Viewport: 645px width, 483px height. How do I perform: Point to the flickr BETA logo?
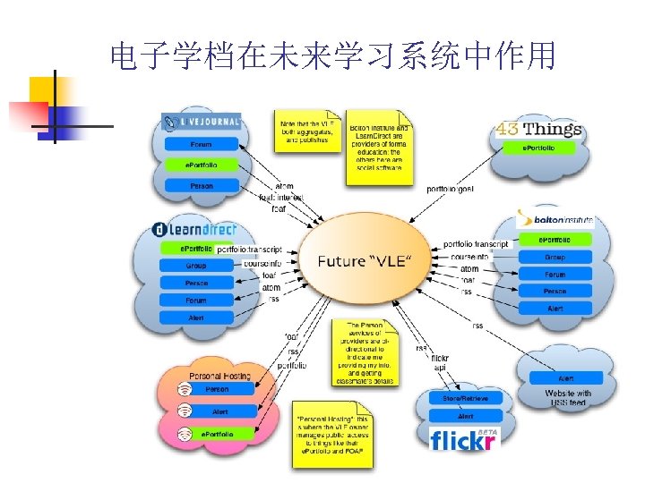click(x=462, y=439)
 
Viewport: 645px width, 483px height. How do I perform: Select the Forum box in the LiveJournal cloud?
click(x=201, y=144)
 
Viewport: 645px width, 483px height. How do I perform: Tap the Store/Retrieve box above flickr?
click(x=465, y=397)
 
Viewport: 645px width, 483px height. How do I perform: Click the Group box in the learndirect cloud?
click(x=196, y=266)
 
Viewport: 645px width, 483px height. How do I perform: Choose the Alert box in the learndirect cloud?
click(x=196, y=318)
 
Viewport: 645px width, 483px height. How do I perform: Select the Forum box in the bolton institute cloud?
click(x=555, y=275)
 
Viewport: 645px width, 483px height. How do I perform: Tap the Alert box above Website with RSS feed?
click(x=565, y=378)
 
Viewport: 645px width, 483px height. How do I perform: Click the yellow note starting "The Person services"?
click(x=366, y=352)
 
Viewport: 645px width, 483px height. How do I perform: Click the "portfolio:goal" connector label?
click(x=450, y=190)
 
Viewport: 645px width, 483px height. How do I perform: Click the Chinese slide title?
click(x=332, y=57)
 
